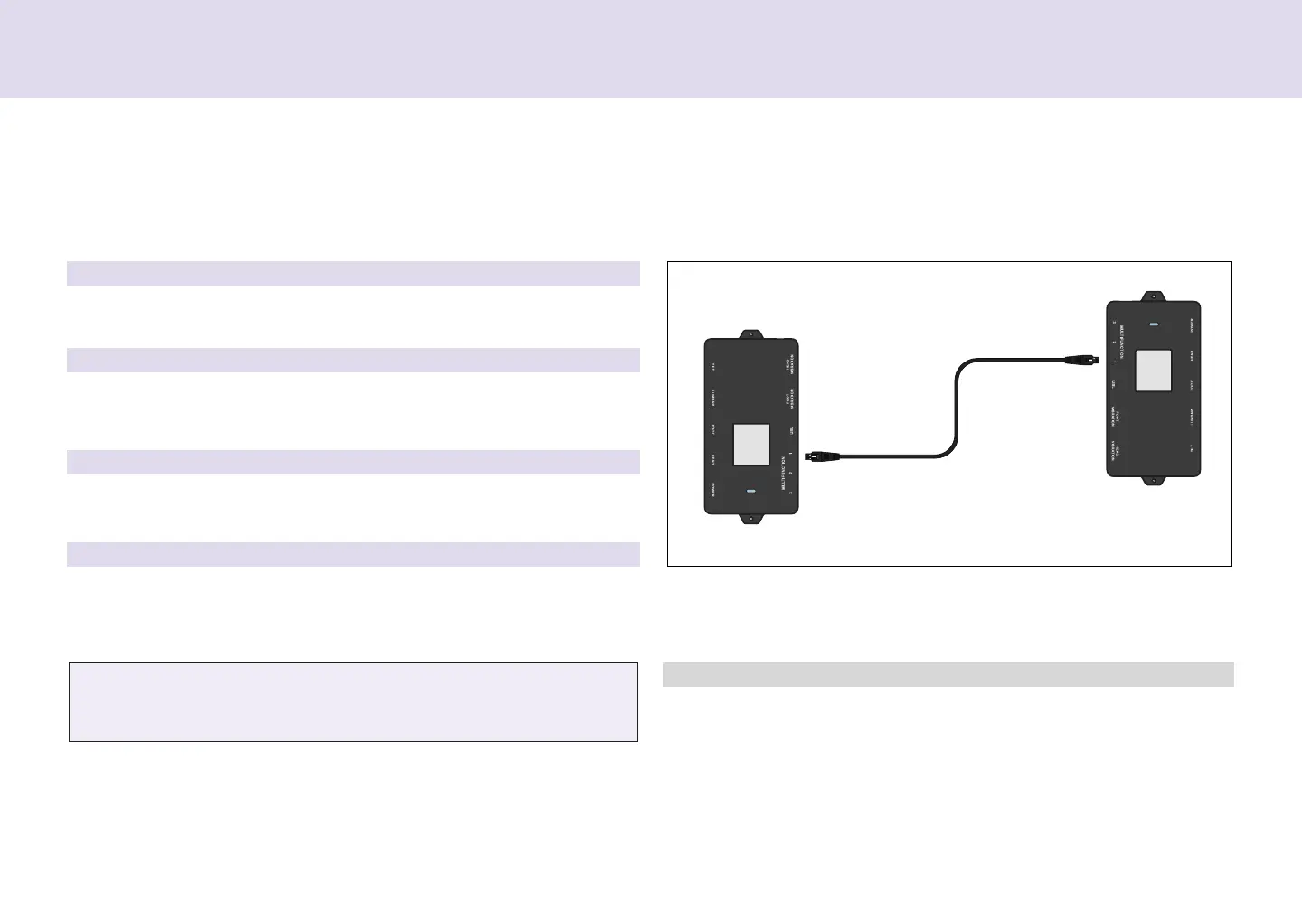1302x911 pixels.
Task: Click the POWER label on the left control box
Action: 713,491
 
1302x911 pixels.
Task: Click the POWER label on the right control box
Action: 1193,324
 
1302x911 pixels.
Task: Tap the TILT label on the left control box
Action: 713,367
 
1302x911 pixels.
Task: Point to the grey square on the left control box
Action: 750,444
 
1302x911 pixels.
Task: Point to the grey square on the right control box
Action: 1154,371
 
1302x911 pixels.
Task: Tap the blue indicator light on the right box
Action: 1154,324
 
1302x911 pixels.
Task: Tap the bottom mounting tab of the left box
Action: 750,518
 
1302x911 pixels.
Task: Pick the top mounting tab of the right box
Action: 1153,296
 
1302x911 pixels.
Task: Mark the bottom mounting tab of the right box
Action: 1153,479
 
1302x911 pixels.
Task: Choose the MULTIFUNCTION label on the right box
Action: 1122,342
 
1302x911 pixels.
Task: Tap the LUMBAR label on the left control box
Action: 713,399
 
